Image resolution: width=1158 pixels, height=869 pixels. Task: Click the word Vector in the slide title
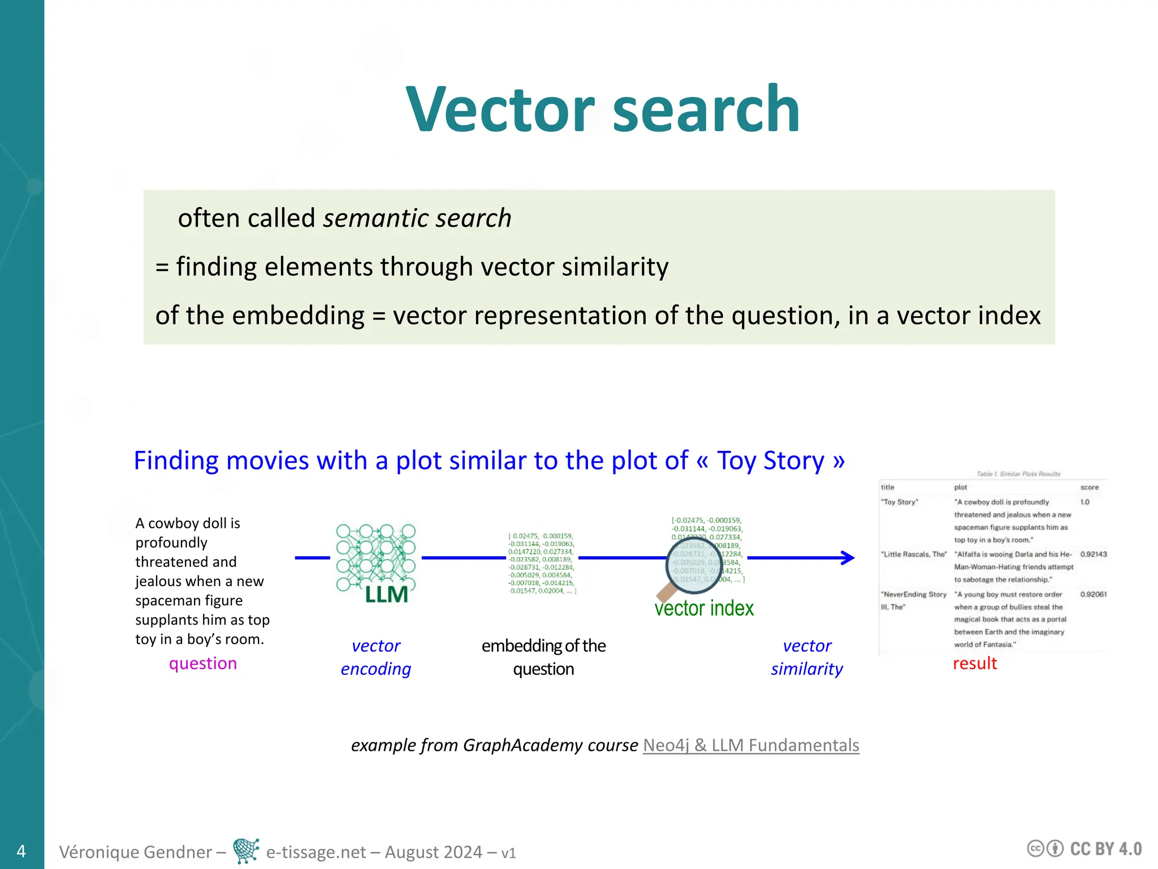[x=500, y=109]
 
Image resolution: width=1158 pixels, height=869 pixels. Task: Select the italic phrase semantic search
[x=417, y=218]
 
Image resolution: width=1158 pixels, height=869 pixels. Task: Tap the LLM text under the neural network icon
[x=386, y=595]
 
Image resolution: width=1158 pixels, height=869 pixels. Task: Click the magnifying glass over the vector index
[x=693, y=565]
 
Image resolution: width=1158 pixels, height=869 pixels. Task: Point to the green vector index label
[x=704, y=608]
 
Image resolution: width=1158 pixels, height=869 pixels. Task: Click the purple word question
[x=202, y=663]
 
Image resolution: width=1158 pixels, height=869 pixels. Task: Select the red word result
[x=975, y=663]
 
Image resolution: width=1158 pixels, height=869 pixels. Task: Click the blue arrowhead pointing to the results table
[x=848, y=558]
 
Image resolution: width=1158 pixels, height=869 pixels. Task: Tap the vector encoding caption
[x=375, y=657]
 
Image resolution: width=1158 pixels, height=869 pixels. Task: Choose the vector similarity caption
[x=807, y=657]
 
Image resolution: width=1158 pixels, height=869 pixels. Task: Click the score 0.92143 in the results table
[x=1093, y=554]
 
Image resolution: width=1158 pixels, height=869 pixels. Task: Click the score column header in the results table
[x=1089, y=487]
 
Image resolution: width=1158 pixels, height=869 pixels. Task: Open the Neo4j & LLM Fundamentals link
[x=751, y=745]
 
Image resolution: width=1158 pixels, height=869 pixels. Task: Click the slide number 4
[x=21, y=851]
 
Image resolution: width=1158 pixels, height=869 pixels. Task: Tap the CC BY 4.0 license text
[x=1105, y=849]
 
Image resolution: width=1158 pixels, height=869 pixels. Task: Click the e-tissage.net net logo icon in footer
[x=246, y=851]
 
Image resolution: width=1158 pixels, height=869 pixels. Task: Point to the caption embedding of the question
[x=543, y=657]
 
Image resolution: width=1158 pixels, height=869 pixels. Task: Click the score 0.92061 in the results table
[x=1093, y=595]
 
